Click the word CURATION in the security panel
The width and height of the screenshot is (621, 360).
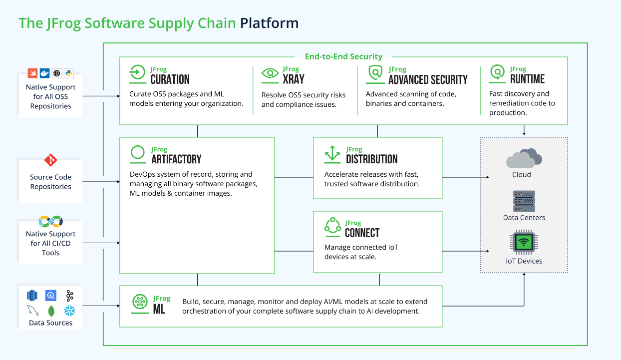coord(170,79)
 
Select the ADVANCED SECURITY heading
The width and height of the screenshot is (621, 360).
coord(428,80)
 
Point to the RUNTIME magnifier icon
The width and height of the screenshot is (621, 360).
coord(497,73)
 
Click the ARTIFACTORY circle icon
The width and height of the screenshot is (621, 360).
coord(138,154)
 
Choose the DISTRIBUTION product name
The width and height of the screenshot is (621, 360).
coord(371,159)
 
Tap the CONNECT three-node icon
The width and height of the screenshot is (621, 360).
coord(332,227)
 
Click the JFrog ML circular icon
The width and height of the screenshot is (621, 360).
coord(140,302)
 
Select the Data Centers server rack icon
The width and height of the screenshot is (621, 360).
coord(524,201)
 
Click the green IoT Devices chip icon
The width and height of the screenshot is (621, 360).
coord(523,243)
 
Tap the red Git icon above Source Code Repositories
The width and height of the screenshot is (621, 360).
coord(50,160)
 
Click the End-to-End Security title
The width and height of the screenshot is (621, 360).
coord(343,56)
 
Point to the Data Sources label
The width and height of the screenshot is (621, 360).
coord(50,323)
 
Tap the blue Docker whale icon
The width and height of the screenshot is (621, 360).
coord(44,73)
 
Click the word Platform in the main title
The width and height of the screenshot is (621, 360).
coord(269,23)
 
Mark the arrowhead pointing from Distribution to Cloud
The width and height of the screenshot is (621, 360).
coord(488,177)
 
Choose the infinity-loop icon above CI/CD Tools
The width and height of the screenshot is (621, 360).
coord(50,221)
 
